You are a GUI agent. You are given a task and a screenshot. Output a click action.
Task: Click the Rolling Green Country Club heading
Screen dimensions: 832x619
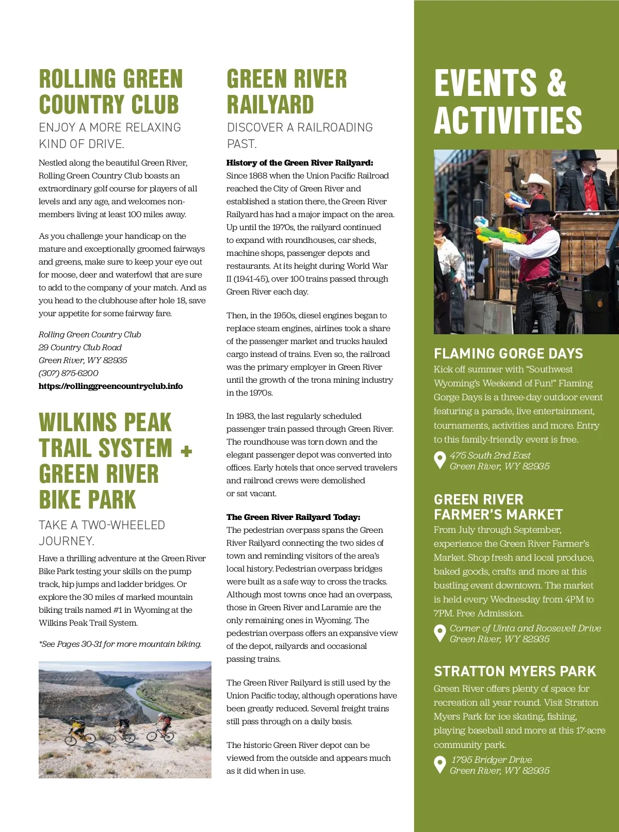click(110, 92)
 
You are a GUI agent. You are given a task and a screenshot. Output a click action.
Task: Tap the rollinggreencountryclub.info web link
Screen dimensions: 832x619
click(110, 386)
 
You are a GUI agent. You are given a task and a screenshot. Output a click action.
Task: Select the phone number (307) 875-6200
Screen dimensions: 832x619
click(68, 373)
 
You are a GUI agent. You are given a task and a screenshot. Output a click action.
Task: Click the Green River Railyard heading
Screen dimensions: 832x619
click(286, 92)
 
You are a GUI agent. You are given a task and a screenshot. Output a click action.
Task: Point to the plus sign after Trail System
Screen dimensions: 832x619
click(186, 451)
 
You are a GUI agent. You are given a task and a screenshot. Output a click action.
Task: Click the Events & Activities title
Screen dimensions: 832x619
click(508, 101)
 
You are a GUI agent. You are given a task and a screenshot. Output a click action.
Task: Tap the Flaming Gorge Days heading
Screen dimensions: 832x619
click(508, 354)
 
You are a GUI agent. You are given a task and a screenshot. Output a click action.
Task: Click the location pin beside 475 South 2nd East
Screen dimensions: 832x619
click(440, 460)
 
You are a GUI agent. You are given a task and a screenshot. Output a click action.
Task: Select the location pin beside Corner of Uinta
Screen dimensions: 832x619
click(440, 633)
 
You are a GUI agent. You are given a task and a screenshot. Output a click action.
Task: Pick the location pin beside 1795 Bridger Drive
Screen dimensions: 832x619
click(440, 764)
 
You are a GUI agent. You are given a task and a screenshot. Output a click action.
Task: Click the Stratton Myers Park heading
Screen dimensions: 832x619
click(514, 672)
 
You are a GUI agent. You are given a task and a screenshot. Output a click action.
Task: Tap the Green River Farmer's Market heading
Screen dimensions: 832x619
click(498, 507)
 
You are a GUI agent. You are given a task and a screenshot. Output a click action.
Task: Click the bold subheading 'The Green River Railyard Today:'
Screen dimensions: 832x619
click(293, 517)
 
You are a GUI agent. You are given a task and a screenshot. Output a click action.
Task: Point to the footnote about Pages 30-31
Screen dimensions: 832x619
click(120, 644)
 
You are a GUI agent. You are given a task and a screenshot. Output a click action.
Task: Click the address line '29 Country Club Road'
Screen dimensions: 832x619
click(80, 348)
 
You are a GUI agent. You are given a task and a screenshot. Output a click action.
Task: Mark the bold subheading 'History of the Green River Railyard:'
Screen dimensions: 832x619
click(299, 163)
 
